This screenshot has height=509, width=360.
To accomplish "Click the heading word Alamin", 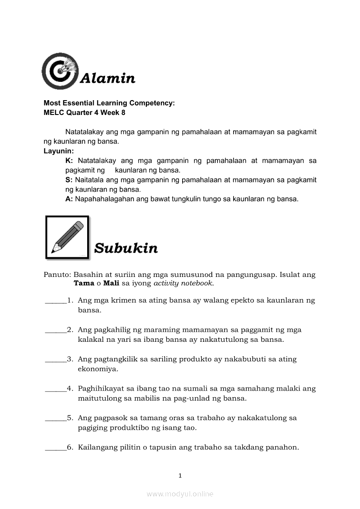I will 108,78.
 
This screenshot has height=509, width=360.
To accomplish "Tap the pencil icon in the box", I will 67,237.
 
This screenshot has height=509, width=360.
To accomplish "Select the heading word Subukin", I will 126,248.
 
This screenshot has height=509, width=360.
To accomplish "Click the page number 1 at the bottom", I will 180,475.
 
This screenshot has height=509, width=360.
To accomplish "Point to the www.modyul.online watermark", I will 180,494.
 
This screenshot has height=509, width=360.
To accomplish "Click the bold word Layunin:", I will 59,151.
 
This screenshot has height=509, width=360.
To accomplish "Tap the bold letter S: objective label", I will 69,180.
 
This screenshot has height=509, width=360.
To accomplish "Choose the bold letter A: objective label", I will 69,199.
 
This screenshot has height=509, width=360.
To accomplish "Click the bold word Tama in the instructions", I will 84,283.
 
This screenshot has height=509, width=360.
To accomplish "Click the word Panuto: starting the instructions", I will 57,275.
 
